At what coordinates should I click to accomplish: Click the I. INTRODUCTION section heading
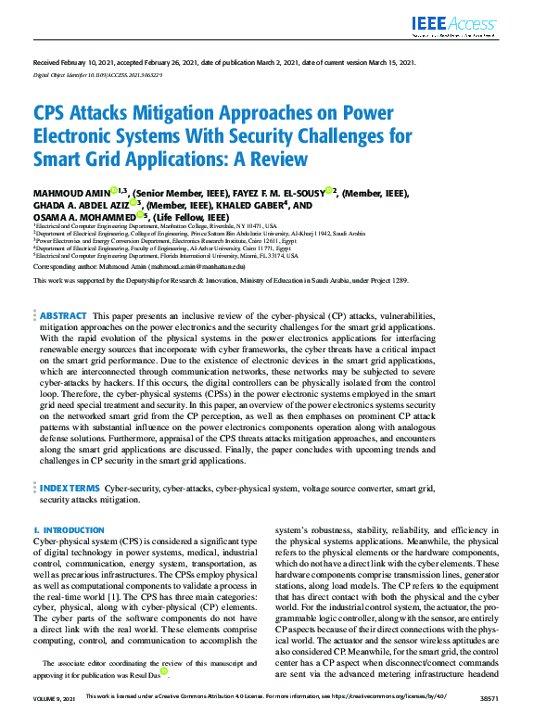point(69,530)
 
